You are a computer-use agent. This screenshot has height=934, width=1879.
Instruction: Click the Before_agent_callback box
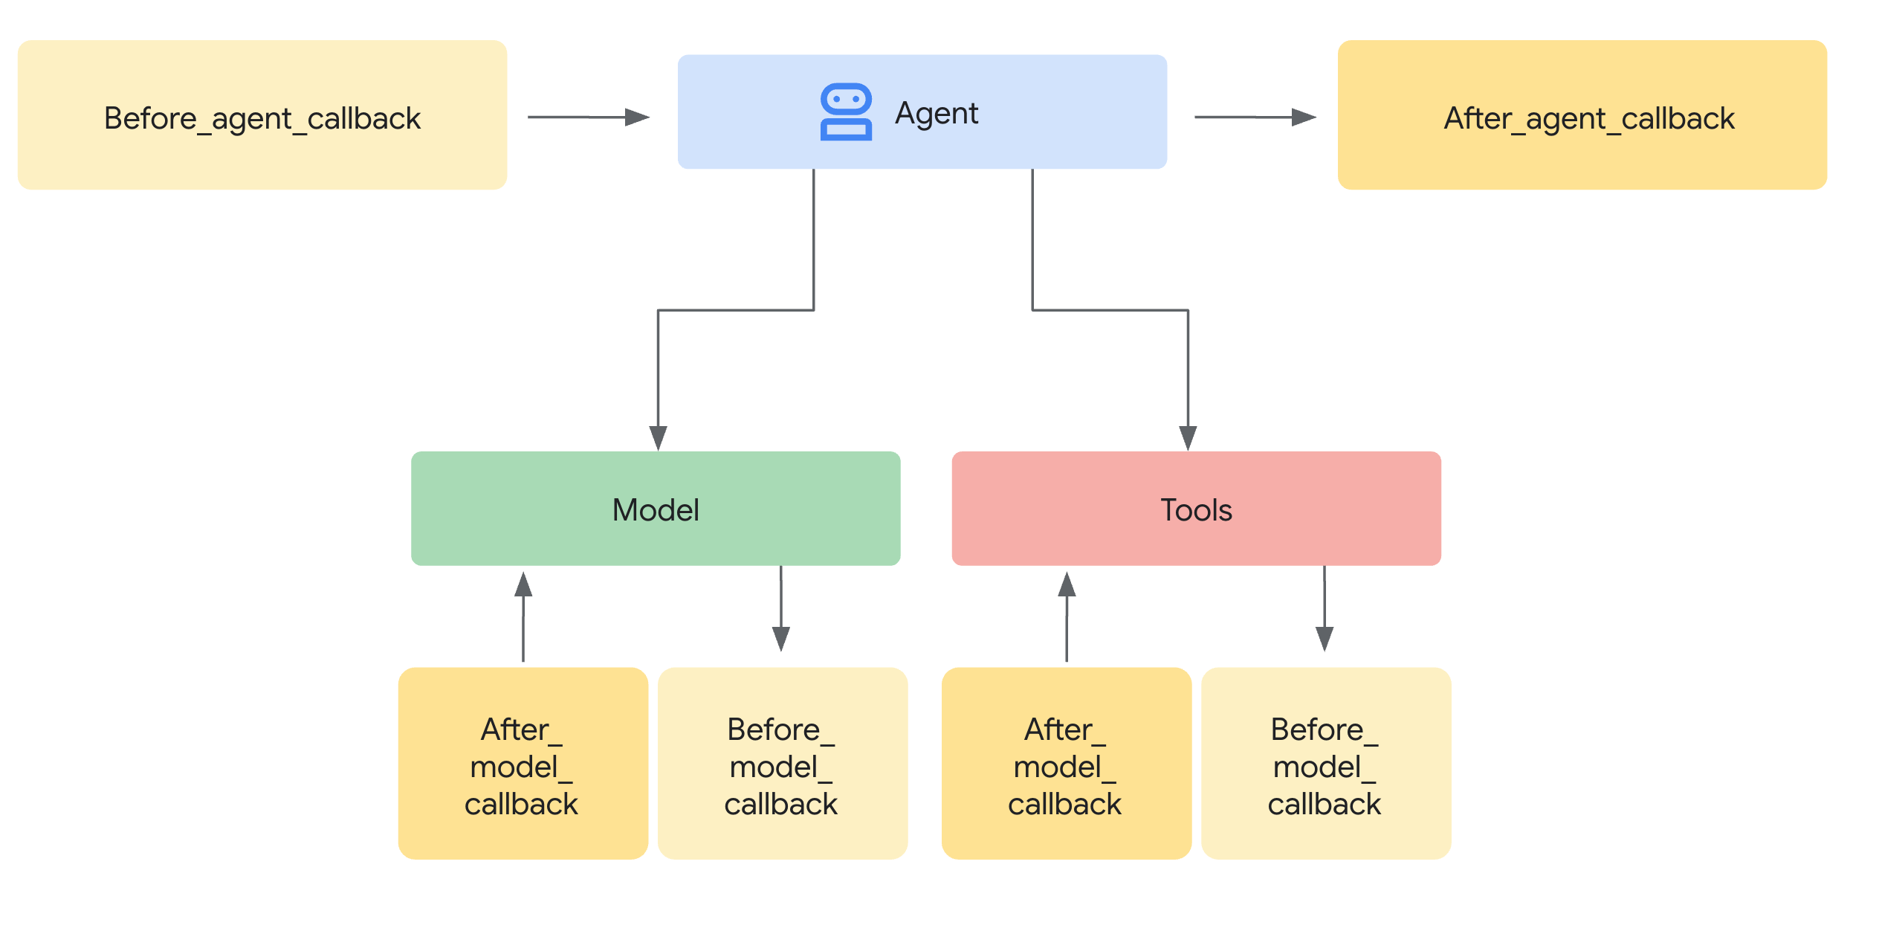click(262, 115)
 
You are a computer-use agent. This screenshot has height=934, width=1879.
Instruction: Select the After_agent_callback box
click(1582, 115)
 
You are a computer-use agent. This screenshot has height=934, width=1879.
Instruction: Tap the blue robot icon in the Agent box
click(846, 112)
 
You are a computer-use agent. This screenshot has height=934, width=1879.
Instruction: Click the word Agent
click(937, 113)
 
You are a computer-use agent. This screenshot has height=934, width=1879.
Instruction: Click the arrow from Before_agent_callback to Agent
click(589, 117)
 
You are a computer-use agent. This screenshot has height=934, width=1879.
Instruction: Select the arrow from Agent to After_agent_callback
click(1255, 117)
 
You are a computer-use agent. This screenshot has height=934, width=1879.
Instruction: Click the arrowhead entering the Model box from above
click(658, 437)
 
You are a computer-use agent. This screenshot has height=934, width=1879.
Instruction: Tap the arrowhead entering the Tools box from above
click(1188, 437)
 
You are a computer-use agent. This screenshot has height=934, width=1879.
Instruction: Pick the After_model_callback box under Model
click(523, 763)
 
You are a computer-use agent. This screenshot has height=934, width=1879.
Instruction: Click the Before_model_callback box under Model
click(782, 763)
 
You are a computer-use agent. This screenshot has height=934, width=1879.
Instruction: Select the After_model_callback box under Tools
click(1066, 763)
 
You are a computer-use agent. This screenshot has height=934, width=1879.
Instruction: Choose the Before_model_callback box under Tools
click(1325, 763)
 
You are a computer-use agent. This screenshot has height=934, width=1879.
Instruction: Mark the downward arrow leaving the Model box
click(780, 610)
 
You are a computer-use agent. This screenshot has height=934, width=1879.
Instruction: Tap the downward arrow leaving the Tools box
click(1324, 610)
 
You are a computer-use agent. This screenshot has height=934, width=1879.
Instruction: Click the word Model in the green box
click(656, 510)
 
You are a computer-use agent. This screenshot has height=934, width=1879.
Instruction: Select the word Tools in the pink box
click(1196, 510)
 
